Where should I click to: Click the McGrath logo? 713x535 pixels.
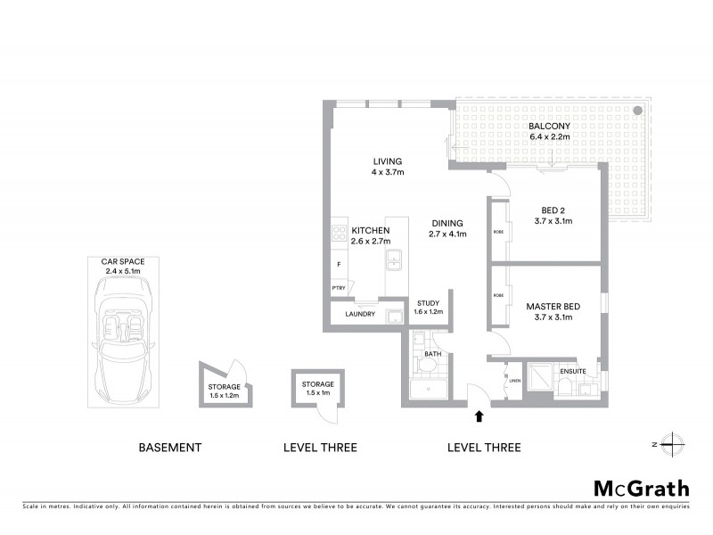[642, 488]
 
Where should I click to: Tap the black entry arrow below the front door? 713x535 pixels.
[480, 416]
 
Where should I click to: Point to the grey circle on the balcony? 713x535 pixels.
[638, 111]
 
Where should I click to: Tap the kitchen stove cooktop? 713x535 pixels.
[339, 234]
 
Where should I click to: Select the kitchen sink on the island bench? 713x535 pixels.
[394, 260]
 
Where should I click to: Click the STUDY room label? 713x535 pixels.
[427, 303]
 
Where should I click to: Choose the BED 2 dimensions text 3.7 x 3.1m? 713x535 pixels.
[553, 220]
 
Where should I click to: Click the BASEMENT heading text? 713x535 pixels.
[169, 447]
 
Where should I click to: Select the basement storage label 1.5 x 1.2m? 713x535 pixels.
[224, 394]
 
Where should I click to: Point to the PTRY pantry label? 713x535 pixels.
[339, 288]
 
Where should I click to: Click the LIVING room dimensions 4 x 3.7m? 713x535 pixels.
[388, 172]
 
